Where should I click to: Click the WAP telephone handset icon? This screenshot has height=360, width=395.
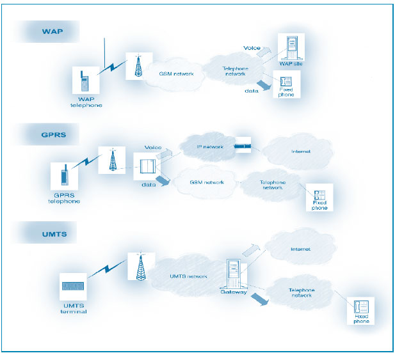click(x=83, y=83)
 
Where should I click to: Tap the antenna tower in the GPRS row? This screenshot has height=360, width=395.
click(x=113, y=160)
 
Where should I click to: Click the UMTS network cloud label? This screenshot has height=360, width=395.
click(x=188, y=276)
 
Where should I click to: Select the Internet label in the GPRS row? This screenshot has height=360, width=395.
click(x=300, y=152)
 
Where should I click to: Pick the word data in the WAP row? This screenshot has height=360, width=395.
click(x=251, y=91)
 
